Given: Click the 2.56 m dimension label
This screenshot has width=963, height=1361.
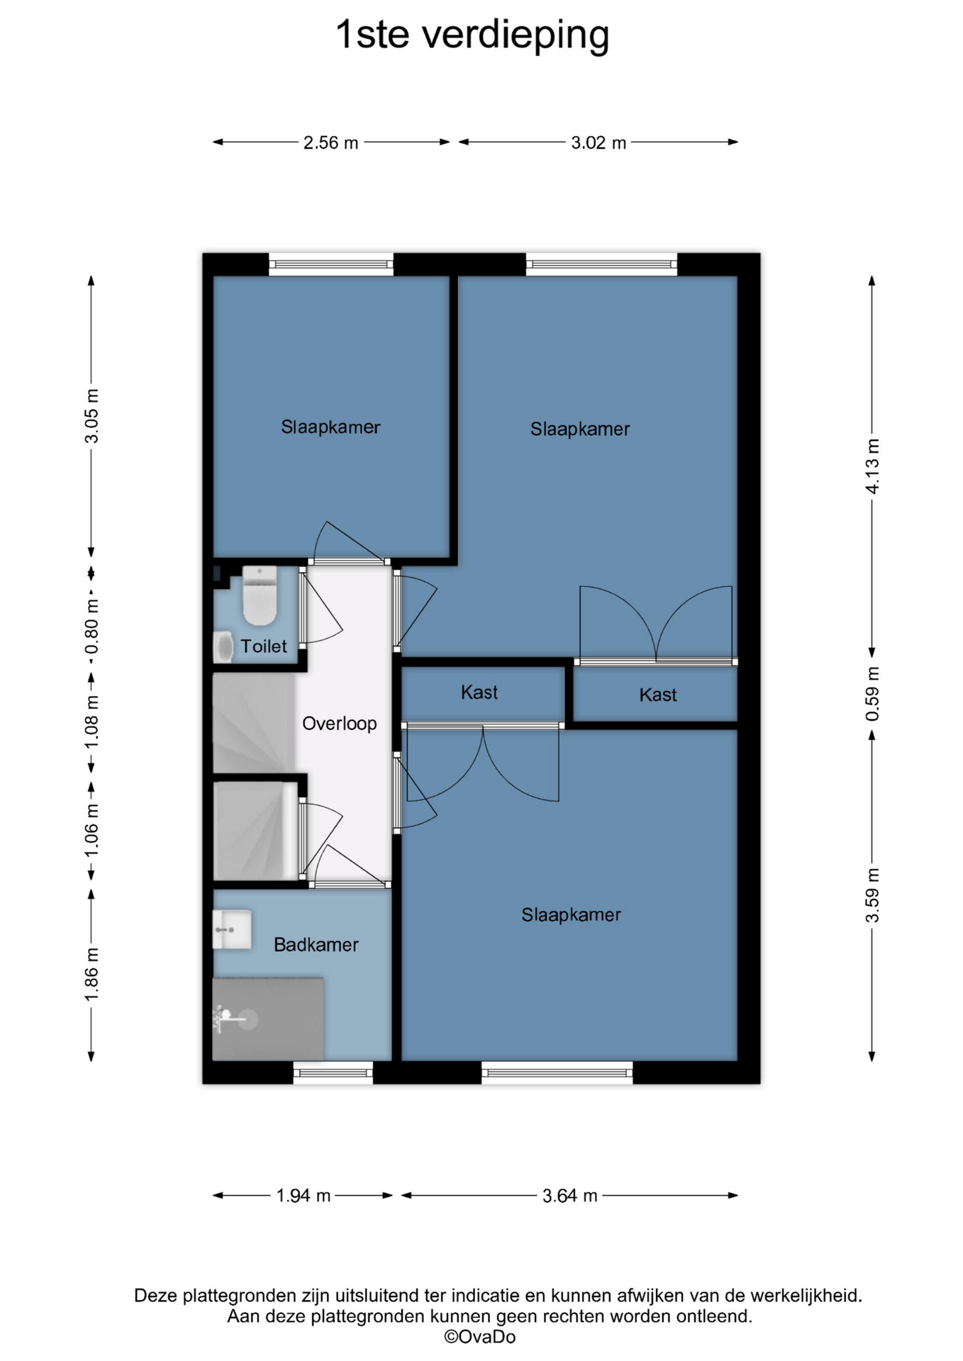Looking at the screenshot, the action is pos(330,142).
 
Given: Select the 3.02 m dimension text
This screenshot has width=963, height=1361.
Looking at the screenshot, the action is pos(599,142).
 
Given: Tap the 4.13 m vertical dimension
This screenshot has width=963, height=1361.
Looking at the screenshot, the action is pos(872,466).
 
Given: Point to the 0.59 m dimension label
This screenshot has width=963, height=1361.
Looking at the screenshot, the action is pos(872,694).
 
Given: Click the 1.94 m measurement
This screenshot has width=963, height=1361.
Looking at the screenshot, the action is pos(303,1196).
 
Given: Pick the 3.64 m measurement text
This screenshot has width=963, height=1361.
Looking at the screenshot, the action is pos(569,1196).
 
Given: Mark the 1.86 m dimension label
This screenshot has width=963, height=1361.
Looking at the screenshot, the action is pos(91,975).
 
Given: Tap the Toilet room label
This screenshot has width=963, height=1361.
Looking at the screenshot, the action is pos(264,646).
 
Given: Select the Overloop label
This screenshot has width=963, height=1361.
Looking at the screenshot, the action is pos(339,724).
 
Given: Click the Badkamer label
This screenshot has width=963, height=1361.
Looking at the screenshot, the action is pos(316,944).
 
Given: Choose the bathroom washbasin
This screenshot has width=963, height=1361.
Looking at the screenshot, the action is pos(232,929).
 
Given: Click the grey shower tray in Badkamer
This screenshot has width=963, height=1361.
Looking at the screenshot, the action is pos(268,1019).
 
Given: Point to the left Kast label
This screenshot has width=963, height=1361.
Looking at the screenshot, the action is pos(479,693).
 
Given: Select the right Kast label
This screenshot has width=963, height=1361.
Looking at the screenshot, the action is pos(658,695).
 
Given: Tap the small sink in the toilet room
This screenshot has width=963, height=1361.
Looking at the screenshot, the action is pos(223,647).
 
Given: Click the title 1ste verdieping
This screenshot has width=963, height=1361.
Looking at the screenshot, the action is pos(472,35).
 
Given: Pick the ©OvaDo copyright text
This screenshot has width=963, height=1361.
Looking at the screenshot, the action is pos(480,1337).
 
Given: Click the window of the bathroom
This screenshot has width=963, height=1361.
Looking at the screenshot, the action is pos(333,1072).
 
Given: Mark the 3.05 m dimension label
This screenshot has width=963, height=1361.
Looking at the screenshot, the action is pos(91,415).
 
